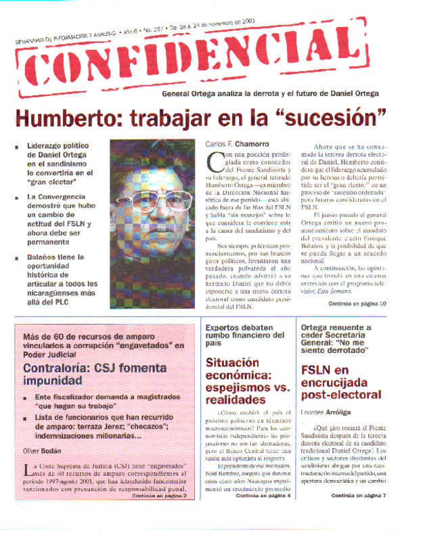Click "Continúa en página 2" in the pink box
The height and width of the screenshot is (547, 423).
(x=159, y=515)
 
